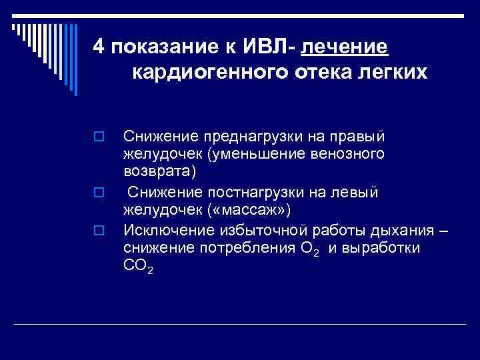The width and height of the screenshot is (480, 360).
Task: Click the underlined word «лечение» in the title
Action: point(345,47)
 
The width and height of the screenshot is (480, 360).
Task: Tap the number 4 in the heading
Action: point(99,47)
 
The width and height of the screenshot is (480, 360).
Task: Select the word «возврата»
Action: point(157,172)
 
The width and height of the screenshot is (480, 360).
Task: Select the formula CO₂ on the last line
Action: point(139,267)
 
